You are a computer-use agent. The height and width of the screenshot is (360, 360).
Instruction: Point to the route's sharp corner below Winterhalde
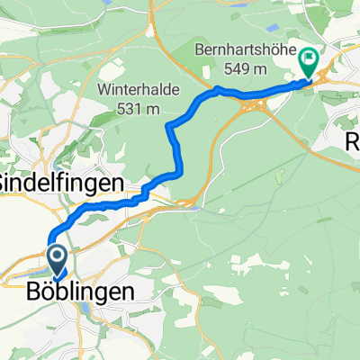click(168, 127)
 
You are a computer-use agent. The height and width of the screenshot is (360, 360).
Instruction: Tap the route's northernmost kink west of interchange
click(217, 88)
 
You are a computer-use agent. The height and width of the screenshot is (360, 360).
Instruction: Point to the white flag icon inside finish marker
click(309, 59)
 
